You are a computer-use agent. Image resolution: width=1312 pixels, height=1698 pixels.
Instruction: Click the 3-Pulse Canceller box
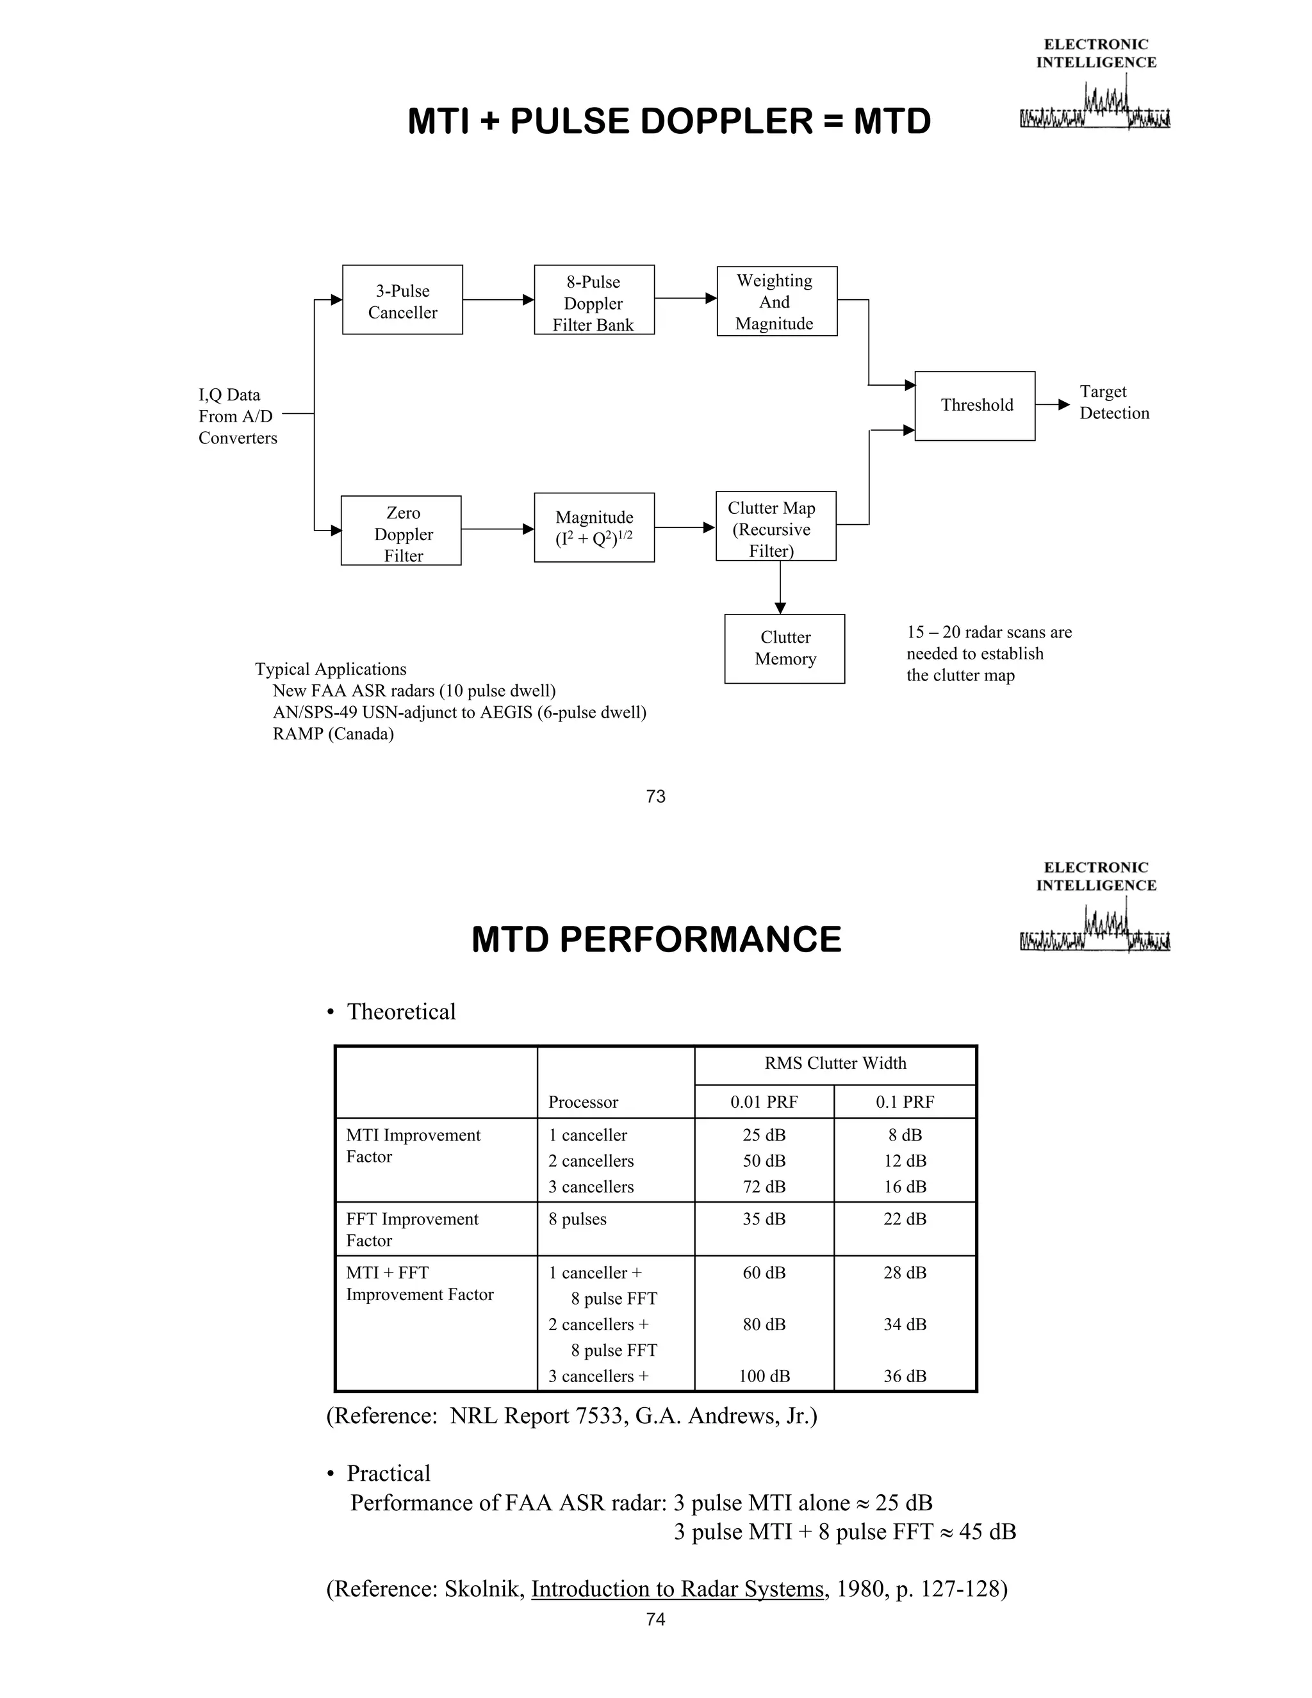(x=402, y=300)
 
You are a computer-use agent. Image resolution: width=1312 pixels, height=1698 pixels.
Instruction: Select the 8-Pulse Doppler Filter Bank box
(x=594, y=300)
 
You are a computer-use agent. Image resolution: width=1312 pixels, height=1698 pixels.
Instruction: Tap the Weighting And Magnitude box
(x=776, y=301)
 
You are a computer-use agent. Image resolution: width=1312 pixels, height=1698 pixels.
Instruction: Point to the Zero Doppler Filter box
(x=401, y=531)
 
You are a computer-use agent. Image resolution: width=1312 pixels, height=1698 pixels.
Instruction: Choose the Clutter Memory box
(x=784, y=648)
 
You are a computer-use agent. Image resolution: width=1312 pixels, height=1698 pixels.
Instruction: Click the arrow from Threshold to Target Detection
(x=1053, y=404)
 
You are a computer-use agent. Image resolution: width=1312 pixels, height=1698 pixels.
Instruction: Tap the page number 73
(x=655, y=796)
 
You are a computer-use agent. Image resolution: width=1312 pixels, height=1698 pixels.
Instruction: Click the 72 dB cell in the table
(x=764, y=1187)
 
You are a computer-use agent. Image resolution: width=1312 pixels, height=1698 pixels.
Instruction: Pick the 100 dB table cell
(x=764, y=1376)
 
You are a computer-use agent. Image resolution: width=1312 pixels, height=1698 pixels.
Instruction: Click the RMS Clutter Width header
(x=835, y=1063)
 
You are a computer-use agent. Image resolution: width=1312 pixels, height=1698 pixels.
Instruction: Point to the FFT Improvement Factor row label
(x=412, y=1229)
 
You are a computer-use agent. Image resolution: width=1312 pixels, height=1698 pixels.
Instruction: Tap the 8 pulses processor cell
(x=577, y=1219)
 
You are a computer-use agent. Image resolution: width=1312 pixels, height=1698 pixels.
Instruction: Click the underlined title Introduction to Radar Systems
(x=677, y=1588)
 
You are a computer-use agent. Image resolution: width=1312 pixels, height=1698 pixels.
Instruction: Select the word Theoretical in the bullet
(x=401, y=1012)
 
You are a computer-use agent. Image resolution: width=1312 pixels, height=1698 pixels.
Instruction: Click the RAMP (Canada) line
(x=332, y=734)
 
